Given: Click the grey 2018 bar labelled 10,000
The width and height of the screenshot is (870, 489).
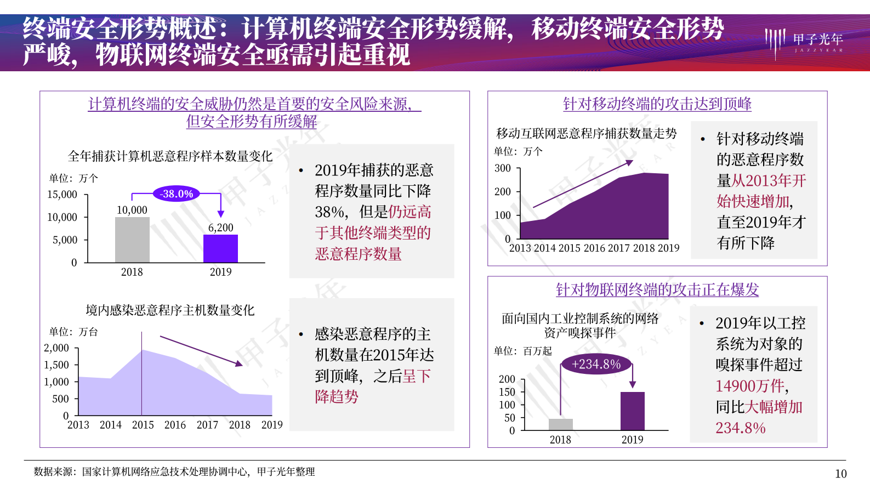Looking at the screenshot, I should click(x=132, y=240).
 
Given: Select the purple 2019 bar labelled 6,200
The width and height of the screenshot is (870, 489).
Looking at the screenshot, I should click(x=220, y=248).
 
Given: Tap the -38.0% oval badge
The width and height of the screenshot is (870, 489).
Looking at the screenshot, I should click(x=177, y=194).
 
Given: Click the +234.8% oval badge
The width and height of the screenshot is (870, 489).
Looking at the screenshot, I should click(x=596, y=364).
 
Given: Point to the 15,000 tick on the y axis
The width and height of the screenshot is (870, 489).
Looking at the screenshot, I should click(x=62, y=195).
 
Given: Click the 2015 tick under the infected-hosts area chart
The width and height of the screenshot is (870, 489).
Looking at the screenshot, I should click(x=143, y=425).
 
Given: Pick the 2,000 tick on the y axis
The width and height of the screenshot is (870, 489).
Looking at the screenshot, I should click(x=56, y=348).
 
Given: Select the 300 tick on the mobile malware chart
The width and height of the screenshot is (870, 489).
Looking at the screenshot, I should click(x=502, y=168).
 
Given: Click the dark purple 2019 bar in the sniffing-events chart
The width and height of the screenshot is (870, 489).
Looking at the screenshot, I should click(x=632, y=411).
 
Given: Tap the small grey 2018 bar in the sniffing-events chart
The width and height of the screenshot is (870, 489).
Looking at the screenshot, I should click(x=560, y=424).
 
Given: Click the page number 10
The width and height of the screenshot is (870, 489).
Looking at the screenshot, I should click(x=840, y=474).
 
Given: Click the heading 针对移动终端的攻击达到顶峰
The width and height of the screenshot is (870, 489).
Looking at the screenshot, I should click(x=657, y=104).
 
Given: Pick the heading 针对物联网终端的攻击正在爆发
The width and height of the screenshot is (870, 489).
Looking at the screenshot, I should click(x=657, y=289).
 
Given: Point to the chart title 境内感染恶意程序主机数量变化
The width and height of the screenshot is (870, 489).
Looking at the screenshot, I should click(x=170, y=310).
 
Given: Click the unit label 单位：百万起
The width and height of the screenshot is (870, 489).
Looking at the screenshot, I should click(x=522, y=351).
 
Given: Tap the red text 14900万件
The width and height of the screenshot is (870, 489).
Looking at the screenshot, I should click(x=749, y=386).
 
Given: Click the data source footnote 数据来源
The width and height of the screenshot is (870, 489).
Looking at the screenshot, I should click(x=174, y=471).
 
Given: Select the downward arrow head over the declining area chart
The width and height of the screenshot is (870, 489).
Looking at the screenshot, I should click(x=239, y=363).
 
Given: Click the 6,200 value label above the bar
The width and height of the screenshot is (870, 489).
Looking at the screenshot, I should click(x=220, y=228).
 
